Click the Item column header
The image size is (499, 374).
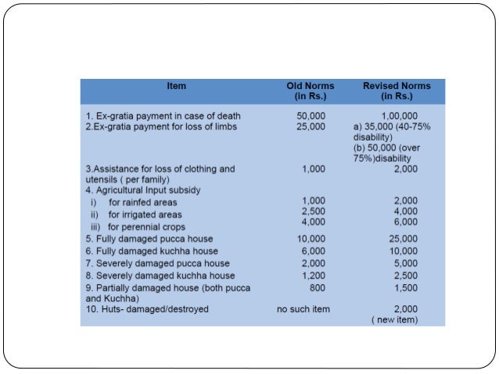pyautogui.click(x=177, y=86)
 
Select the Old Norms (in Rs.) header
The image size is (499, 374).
pyautogui.click(x=311, y=91)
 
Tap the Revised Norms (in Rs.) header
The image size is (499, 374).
pyautogui.click(x=397, y=91)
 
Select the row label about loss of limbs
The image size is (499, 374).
pyautogui.click(x=161, y=126)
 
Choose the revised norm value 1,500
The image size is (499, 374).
pyautogui.click(x=406, y=287)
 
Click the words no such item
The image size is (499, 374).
pyautogui.click(x=303, y=309)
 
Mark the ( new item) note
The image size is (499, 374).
pyautogui.click(x=395, y=320)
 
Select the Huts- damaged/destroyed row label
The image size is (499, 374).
pyautogui.click(x=149, y=309)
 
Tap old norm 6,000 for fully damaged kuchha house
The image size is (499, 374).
pyautogui.click(x=314, y=251)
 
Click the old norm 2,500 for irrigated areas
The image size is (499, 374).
pyautogui.click(x=314, y=211)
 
